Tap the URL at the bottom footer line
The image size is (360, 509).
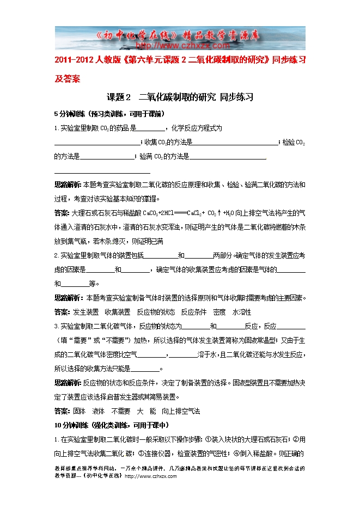151,476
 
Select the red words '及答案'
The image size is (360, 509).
68,78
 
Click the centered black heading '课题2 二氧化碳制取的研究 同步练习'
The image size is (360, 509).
180,97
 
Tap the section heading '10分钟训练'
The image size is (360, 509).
71,425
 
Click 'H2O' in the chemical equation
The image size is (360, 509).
231,212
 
